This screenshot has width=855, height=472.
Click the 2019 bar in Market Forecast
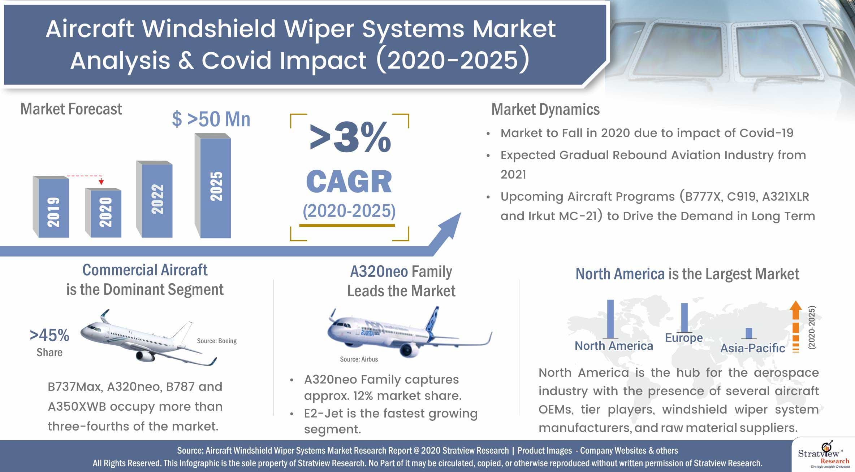(x=51, y=207)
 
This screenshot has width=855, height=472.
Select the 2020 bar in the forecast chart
(x=103, y=213)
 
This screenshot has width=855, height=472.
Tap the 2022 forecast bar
(x=154, y=199)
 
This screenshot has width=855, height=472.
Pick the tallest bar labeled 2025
(x=213, y=186)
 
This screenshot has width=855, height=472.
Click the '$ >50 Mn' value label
(x=211, y=119)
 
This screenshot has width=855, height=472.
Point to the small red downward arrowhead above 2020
(x=102, y=182)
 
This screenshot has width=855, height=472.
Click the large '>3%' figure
(x=350, y=137)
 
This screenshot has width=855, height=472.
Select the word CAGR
(x=349, y=182)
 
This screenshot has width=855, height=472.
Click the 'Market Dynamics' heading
(x=545, y=109)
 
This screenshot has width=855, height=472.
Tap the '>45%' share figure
(x=49, y=335)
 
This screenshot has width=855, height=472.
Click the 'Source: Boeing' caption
(x=217, y=341)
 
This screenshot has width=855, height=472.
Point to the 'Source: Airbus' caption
(x=359, y=359)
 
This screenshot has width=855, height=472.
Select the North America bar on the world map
(x=610, y=319)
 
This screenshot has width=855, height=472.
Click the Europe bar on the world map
(x=684, y=318)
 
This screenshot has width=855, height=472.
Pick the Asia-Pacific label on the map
(x=753, y=348)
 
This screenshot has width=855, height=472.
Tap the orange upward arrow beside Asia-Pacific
(x=795, y=326)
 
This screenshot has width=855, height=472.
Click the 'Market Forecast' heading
(x=71, y=109)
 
